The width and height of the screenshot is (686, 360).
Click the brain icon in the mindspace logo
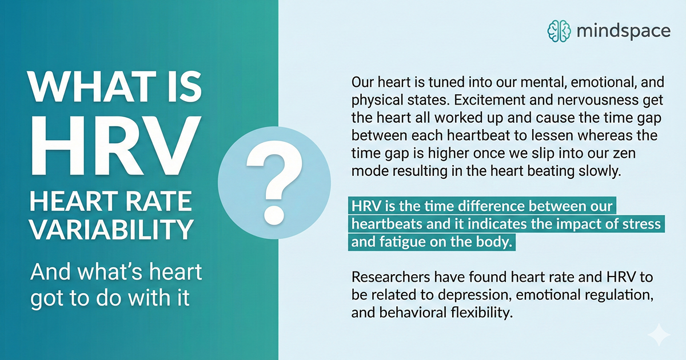[x=559, y=31]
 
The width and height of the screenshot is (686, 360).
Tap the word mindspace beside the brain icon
[x=624, y=31]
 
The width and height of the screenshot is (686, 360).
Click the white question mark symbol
[x=274, y=183]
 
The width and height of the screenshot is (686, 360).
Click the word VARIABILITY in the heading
[x=112, y=229]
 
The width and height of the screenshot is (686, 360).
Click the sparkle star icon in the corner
[x=659, y=335]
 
